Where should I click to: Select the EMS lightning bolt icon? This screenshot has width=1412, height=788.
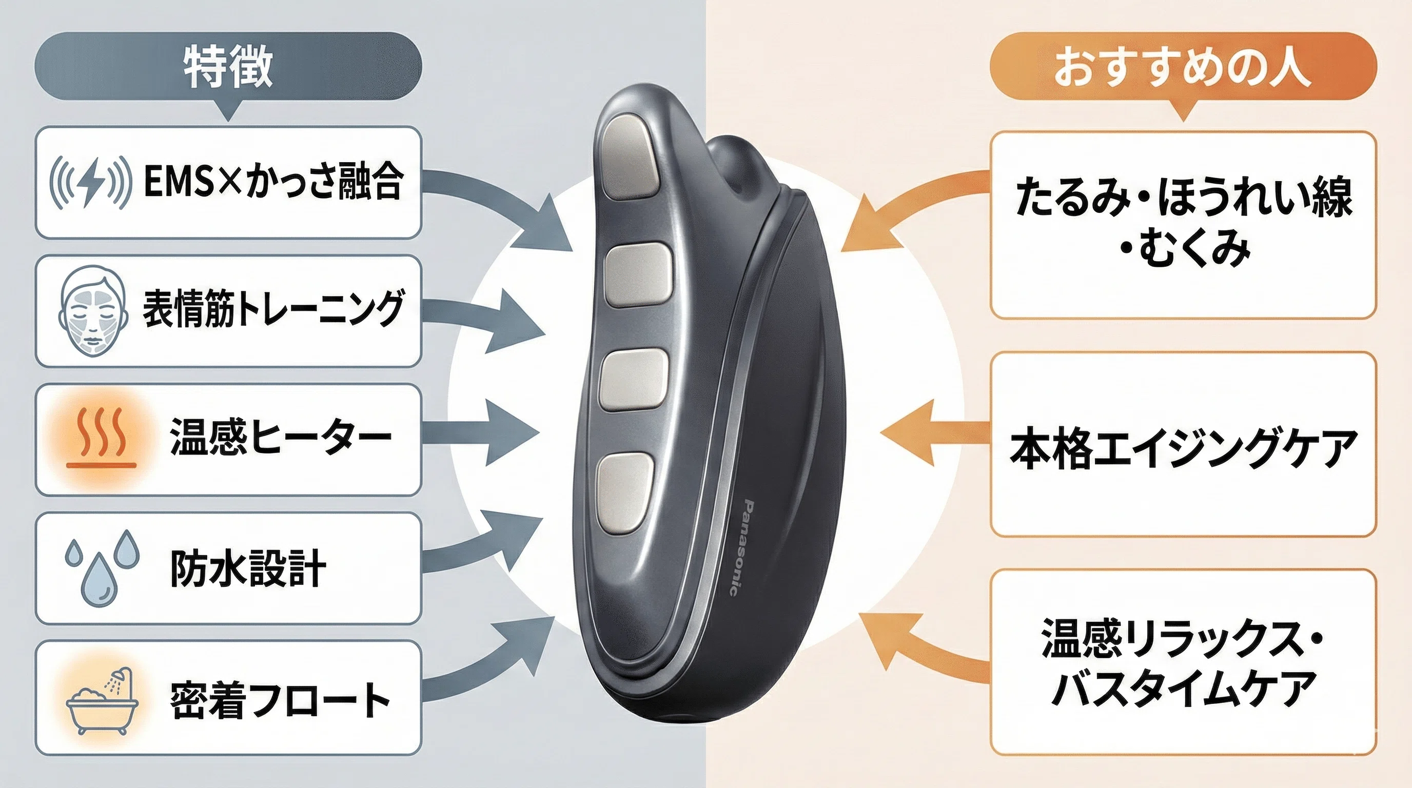[90, 182]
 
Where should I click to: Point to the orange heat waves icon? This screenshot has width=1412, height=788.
[101, 439]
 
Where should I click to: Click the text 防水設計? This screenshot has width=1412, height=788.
[248, 568]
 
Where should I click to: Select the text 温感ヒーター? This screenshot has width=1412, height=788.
[281, 437]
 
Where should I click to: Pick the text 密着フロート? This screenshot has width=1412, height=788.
[280, 700]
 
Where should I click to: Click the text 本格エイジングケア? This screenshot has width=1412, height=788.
[1182, 448]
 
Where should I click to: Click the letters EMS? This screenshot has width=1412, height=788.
[178, 182]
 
